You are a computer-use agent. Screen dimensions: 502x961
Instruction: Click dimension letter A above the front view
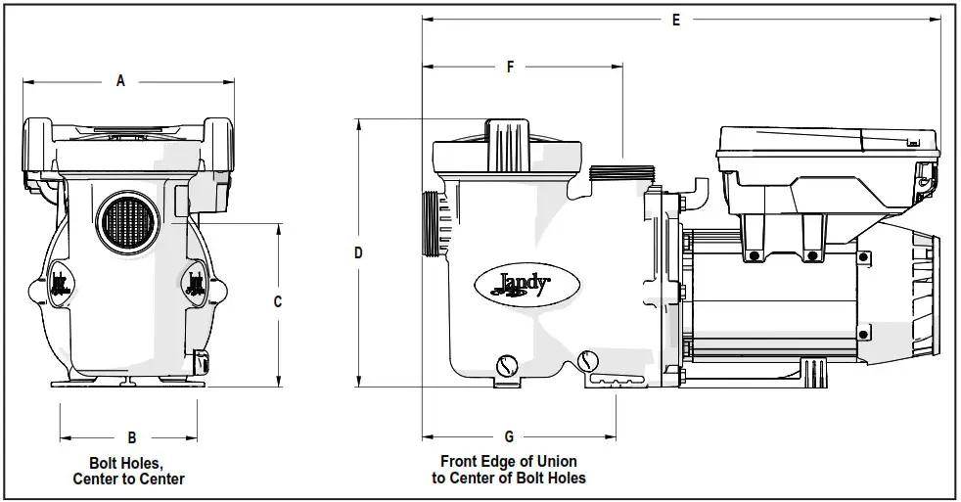[x=120, y=81]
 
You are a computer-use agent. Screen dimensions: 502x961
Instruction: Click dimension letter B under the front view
[x=131, y=436]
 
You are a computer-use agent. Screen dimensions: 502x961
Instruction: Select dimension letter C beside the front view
[x=277, y=302]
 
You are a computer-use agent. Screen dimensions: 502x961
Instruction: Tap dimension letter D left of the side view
[x=358, y=252]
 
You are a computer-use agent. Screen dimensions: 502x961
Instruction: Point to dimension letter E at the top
[x=676, y=21]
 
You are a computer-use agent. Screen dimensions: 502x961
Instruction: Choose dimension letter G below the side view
[x=509, y=435]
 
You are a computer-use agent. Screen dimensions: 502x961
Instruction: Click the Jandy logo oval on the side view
[x=515, y=285]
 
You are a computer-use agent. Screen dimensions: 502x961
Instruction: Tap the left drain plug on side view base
[x=505, y=365]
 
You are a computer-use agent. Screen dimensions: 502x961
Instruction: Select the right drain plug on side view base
[x=588, y=361]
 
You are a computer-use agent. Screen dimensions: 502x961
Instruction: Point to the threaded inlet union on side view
[x=432, y=224]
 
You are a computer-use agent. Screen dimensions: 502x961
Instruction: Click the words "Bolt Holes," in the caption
[x=128, y=462]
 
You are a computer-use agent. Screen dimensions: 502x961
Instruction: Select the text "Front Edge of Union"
[x=508, y=461]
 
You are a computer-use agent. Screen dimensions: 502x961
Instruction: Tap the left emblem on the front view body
[x=60, y=283]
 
